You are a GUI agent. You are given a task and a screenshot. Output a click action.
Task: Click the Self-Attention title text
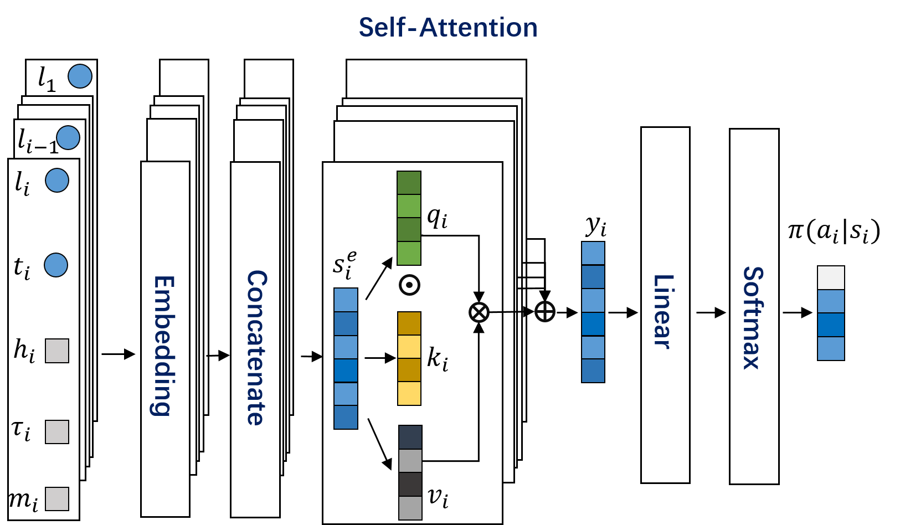click(448, 28)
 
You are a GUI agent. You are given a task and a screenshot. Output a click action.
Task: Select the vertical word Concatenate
click(256, 347)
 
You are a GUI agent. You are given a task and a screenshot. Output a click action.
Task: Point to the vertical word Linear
click(663, 311)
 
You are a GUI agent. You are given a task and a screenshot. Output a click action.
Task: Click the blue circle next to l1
click(80, 76)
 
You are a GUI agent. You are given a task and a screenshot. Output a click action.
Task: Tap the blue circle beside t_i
click(56, 265)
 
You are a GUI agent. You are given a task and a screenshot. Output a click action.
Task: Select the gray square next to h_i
click(57, 351)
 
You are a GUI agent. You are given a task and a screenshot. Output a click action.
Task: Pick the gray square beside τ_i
click(57, 431)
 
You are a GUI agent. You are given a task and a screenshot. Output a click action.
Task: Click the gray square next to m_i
click(57, 498)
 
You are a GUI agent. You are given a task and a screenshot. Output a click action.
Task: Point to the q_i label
click(437, 218)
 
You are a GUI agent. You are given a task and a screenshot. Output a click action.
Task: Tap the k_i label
click(438, 358)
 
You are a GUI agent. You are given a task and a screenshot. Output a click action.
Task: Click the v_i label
click(438, 497)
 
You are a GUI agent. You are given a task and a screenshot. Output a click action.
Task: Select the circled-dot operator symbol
click(409, 285)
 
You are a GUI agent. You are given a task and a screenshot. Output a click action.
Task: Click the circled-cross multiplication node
click(479, 312)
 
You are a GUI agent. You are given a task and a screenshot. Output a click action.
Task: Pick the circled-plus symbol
click(545, 311)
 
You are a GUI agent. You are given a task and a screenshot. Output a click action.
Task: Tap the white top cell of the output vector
click(831, 277)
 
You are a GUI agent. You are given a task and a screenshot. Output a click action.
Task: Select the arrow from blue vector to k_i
click(380, 358)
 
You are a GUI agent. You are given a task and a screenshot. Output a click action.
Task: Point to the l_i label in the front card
click(22, 183)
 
